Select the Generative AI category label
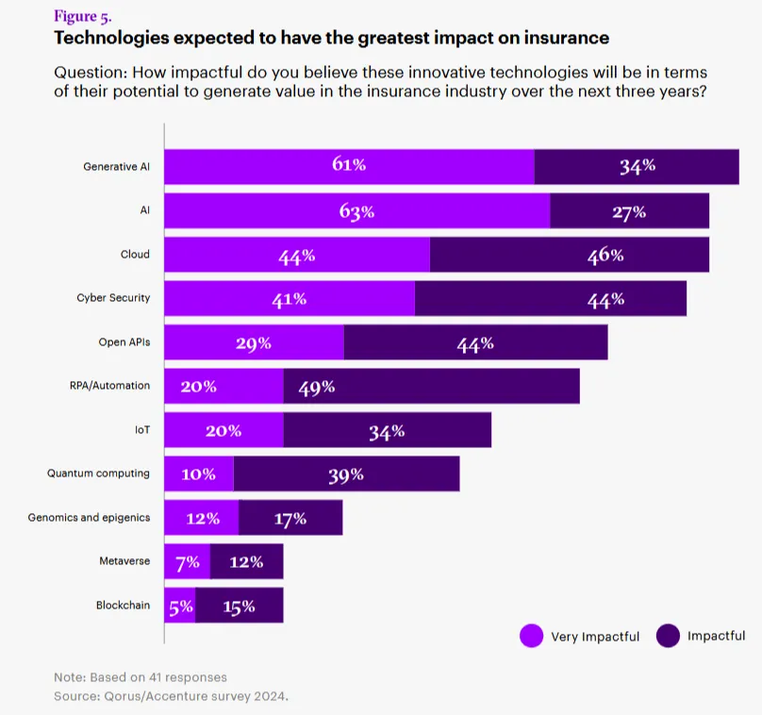click(x=116, y=166)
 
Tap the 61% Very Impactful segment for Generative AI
click(x=349, y=166)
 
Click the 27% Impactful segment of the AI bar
click(x=629, y=211)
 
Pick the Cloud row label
click(x=135, y=255)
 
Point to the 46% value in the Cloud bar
click(x=605, y=256)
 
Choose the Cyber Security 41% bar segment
click(x=290, y=299)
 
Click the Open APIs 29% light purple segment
click(x=254, y=343)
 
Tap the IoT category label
click(x=141, y=430)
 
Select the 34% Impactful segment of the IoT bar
click(x=387, y=431)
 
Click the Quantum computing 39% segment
click(x=346, y=474)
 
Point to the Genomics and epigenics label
click(x=89, y=517)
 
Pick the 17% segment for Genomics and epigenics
click(x=290, y=518)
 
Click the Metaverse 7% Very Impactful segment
click(x=187, y=562)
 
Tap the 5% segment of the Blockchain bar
click(x=179, y=606)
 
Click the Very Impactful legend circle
click(x=532, y=636)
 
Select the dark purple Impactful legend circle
click(x=669, y=636)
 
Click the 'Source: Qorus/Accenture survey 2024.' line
click(x=171, y=696)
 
